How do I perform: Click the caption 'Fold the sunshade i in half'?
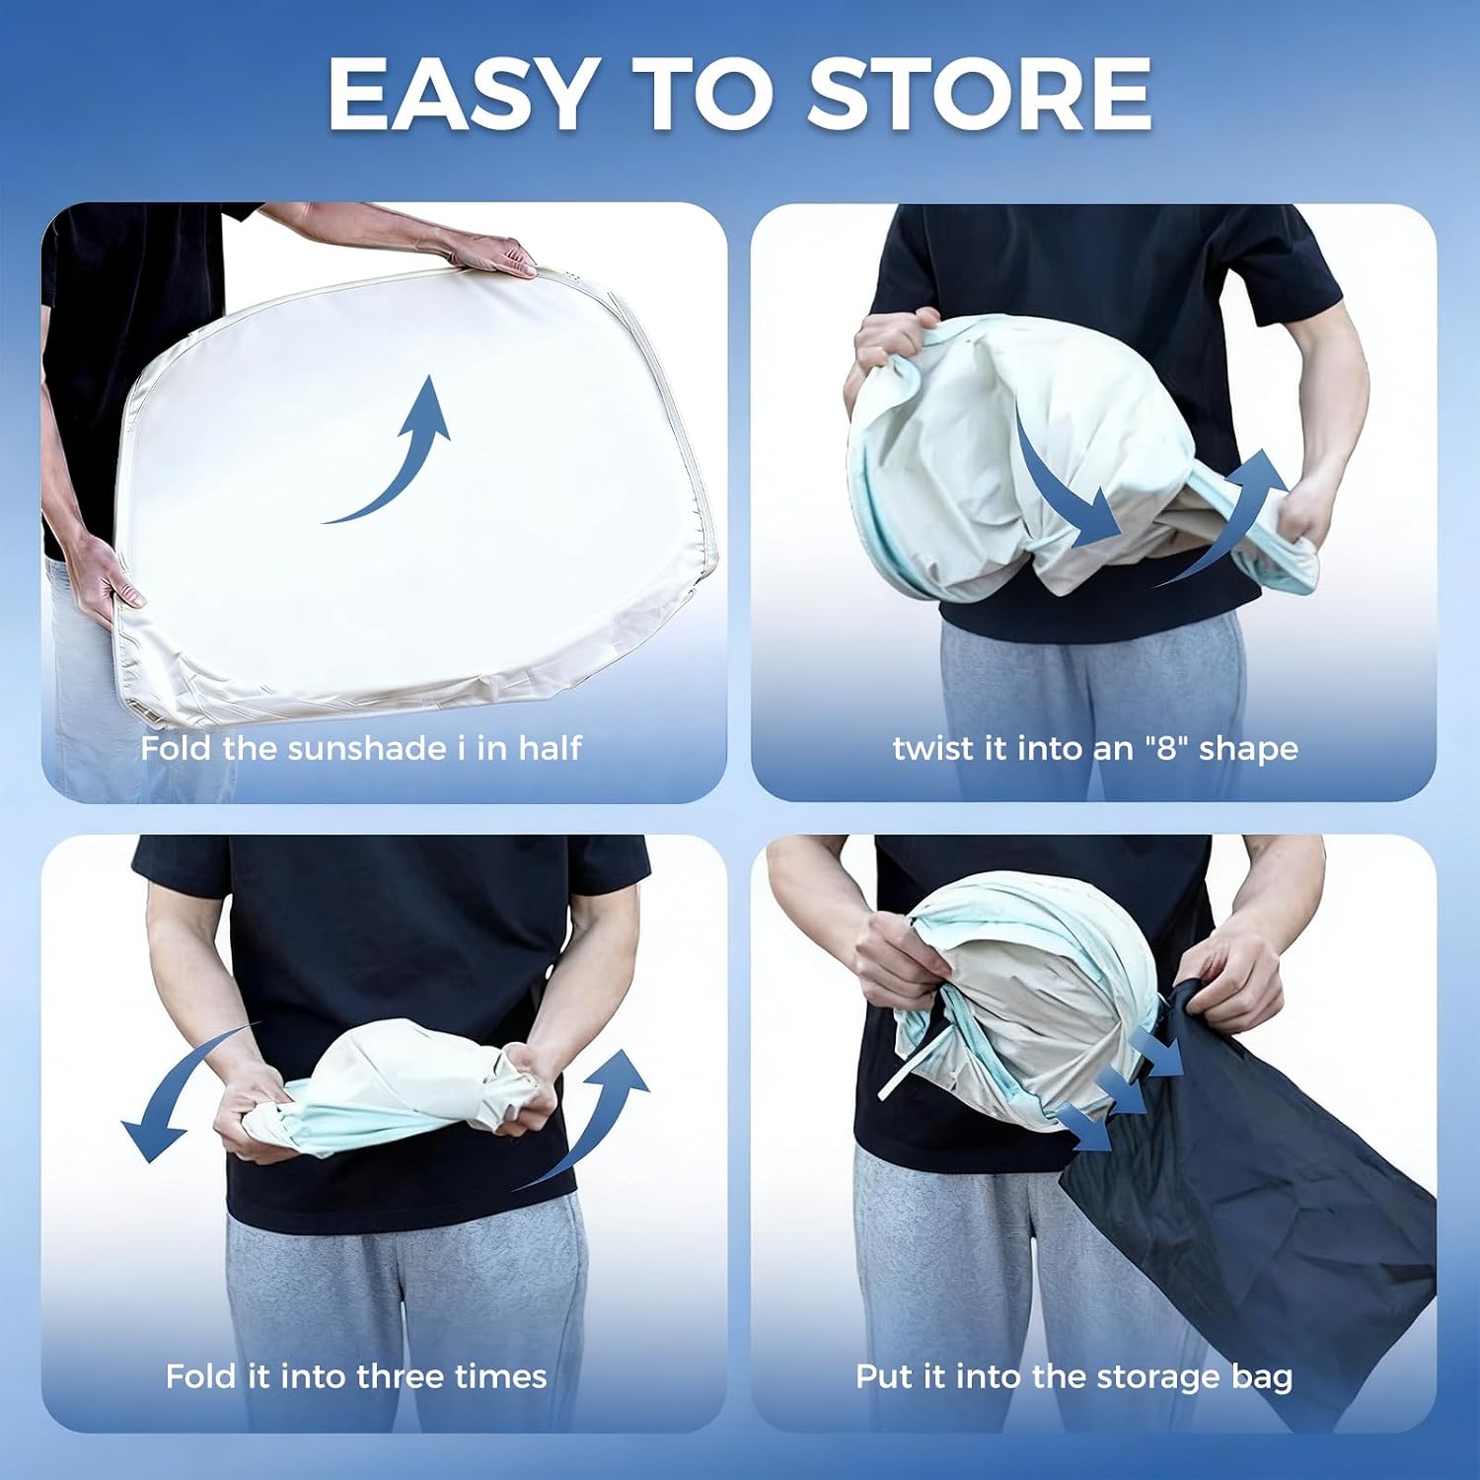coord(361,748)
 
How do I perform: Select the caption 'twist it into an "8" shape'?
coord(1095,749)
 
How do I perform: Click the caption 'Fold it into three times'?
coord(356,1375)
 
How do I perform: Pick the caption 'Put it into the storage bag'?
coord(1073,1376)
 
